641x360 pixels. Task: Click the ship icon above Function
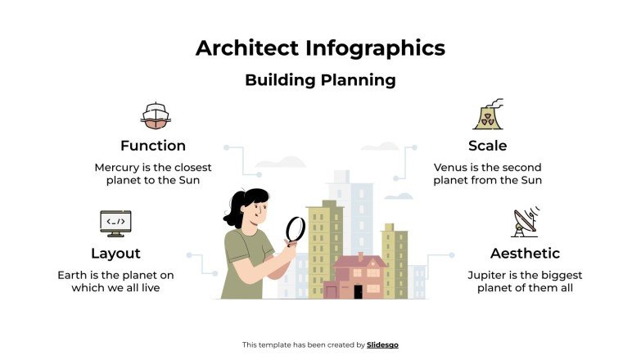[156, 115]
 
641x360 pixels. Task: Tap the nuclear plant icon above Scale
[488, 115]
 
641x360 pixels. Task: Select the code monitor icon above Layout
[115, 223]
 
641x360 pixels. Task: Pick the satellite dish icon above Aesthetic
[525, 223]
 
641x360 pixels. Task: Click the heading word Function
[153, 146]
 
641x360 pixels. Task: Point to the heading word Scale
[487, 146]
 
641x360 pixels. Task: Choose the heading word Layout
[115, 253]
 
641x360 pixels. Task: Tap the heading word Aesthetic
[525, 253]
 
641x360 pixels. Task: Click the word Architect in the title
[247, 48]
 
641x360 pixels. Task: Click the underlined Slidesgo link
[383, 344]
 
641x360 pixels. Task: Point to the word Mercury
[118, 167]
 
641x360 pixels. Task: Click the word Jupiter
[487, 275]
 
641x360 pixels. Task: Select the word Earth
[75, 275]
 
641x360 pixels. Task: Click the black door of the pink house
[358, 291]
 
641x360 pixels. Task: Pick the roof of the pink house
[359, 263]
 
